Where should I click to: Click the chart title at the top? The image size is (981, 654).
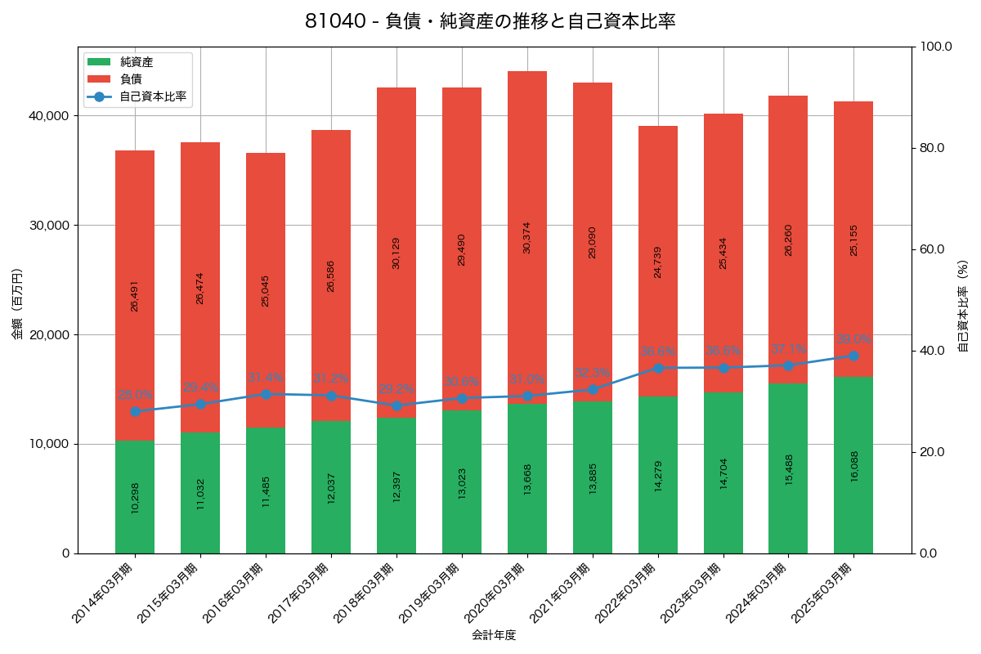point(490,21)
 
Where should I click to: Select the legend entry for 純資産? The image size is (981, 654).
point(136,62)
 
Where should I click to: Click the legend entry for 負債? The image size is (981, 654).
point(131,79)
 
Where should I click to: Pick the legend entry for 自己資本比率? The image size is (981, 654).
point(152,96)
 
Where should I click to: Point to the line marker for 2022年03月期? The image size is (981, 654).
point(658,368)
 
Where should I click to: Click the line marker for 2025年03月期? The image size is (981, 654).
point(853,356)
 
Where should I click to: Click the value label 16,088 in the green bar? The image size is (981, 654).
point(854,465)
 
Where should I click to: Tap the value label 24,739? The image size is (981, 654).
point(658,262)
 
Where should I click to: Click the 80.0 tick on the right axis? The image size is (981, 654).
point(931,148)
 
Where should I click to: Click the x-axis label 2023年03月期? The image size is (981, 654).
point(692,594)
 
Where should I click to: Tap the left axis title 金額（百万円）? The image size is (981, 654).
point(17,304)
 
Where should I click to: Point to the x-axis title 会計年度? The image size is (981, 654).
point(494,635)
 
